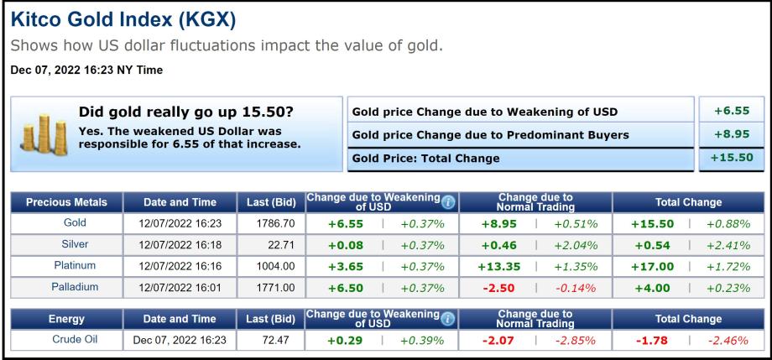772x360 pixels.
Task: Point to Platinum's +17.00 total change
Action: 651,266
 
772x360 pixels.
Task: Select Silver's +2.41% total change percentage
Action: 728,245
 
